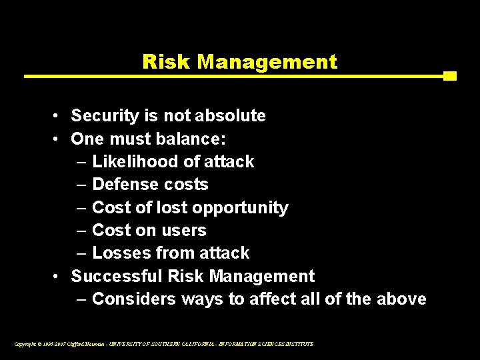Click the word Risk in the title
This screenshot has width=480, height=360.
click(x=167, y=62)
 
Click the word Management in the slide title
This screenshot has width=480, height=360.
click(x=267, y=62)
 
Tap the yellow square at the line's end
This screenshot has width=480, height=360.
click(x=450, y=76)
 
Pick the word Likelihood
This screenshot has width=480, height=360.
click(x=135, y=161)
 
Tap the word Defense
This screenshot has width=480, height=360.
click(x=123, y=185)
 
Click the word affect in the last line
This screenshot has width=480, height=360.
click(x=271, y=299)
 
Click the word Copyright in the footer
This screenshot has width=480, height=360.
click(x=25, y=344)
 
